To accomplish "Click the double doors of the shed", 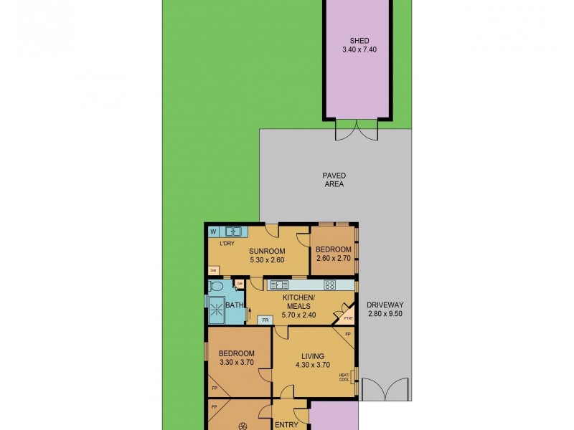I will click(357, 130).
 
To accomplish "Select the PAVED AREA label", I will click(334, 179).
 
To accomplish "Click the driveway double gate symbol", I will click(385, 390).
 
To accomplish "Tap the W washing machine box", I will click(213, 231).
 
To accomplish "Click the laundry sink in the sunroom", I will click(233, 231).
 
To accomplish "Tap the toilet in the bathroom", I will click(217, 285).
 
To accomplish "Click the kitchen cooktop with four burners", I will click(329, 285).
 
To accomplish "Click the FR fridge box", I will click(265, 320).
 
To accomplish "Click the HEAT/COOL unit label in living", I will click(344, 376).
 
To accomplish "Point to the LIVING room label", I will click(313, 356).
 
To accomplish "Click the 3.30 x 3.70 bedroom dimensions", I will click(236, 363).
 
